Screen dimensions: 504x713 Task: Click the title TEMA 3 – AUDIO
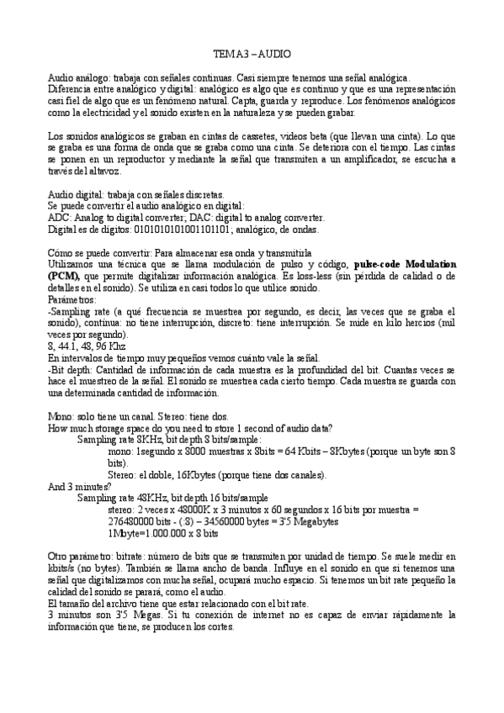(252, 53)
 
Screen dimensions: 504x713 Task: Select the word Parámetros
(72, 298)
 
